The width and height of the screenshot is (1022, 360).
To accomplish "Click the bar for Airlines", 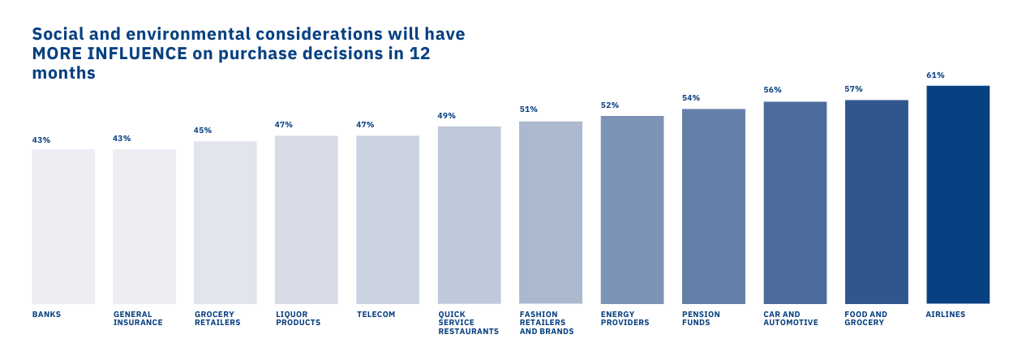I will coord(957,195).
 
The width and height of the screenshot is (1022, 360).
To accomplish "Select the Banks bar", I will coord(63,226).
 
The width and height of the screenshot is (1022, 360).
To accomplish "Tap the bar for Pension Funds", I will coord(713,206).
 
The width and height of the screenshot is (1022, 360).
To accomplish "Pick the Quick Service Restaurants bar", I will coord(469,215).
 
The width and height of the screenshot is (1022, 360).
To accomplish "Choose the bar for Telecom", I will coord(388,220).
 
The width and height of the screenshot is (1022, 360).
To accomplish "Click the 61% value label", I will coord(935,75).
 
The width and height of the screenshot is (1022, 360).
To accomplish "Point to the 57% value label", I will coord(853,89).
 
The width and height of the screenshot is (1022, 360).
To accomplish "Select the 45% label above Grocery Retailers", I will coord(202,131).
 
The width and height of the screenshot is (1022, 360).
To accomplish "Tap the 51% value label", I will coord(528,109).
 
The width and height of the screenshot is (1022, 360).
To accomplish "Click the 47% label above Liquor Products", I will coord(284,125).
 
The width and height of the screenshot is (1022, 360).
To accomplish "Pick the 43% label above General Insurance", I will coord(122,139).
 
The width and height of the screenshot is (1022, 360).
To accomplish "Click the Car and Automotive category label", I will coord(790,319).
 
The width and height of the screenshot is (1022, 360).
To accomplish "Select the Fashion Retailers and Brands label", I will coord(547,323).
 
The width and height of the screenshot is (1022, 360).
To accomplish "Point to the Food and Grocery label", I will coord(865,319).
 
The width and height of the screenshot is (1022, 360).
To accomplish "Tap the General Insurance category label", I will coord(138,319).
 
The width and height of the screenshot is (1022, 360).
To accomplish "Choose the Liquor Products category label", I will coord(298,319).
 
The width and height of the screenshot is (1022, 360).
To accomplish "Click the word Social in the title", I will coord(58,35).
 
